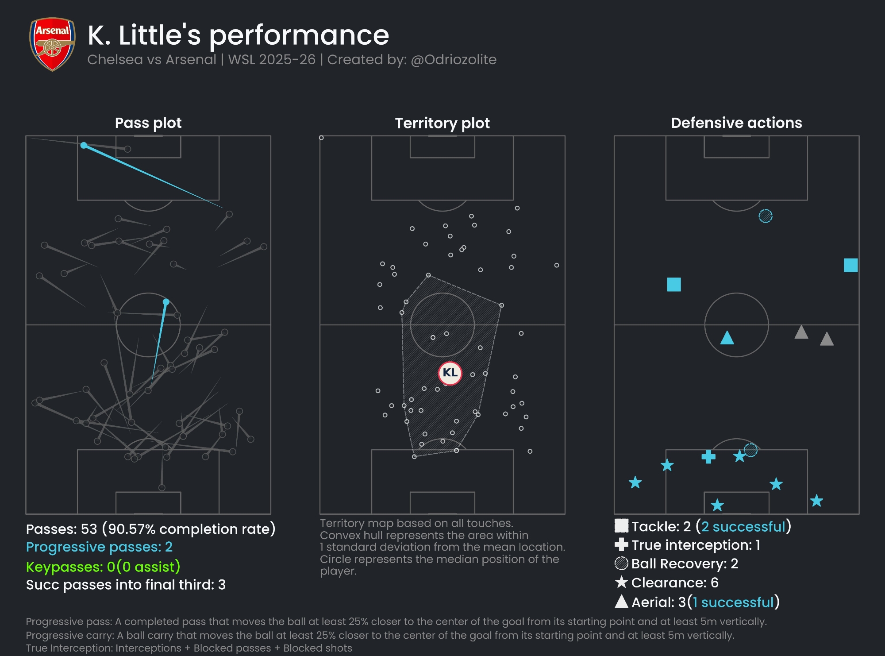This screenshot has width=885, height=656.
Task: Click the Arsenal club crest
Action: pyautogui.click(x=52, y=44)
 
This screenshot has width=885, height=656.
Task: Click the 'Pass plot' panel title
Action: pyautogui.click(x=148, y=123)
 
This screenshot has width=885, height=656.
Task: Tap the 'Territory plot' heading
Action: pyautogui.click(x=442, y=123)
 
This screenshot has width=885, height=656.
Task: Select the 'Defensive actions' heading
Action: pyautogui.click(x=736, y=123)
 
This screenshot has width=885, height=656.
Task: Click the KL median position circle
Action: pyautogui.click(x=450, y=373)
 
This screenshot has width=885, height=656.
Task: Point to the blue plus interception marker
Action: pyautogui.click(x=708, y=456)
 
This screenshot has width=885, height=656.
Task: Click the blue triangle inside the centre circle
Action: pyautogui.click(x=727, y=338)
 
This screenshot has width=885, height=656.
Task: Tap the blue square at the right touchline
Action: pyautogui.click(x=850, y=265)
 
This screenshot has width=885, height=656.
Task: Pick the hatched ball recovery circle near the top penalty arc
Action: pyautogui.click(x=766, y=216)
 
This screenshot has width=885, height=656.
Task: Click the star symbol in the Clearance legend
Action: pyautogui.click(x=621, y=582)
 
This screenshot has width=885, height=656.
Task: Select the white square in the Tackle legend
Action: pyautogui.click(x=621, y=526)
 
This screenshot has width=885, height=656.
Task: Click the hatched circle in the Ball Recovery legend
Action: pyautogui.click(x=621, y=563)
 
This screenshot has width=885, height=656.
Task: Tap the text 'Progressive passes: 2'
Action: pyautogui.click(x=99, y=547)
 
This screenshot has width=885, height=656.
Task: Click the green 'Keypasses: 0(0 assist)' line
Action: pyautogui.click(x=103, y=567)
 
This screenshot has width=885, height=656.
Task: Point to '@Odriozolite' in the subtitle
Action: pyautogui.click(x=454, y=60)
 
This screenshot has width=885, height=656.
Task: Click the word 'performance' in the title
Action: pyautogui.click(x=299, y=35)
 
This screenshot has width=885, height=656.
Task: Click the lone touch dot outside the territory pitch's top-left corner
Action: pyautogui.click(x=321, y=138)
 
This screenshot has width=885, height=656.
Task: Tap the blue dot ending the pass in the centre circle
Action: pyautogui.click(x=166, y=302)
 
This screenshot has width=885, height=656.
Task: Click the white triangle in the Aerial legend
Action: pyautogui.click(x=621, y=602)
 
